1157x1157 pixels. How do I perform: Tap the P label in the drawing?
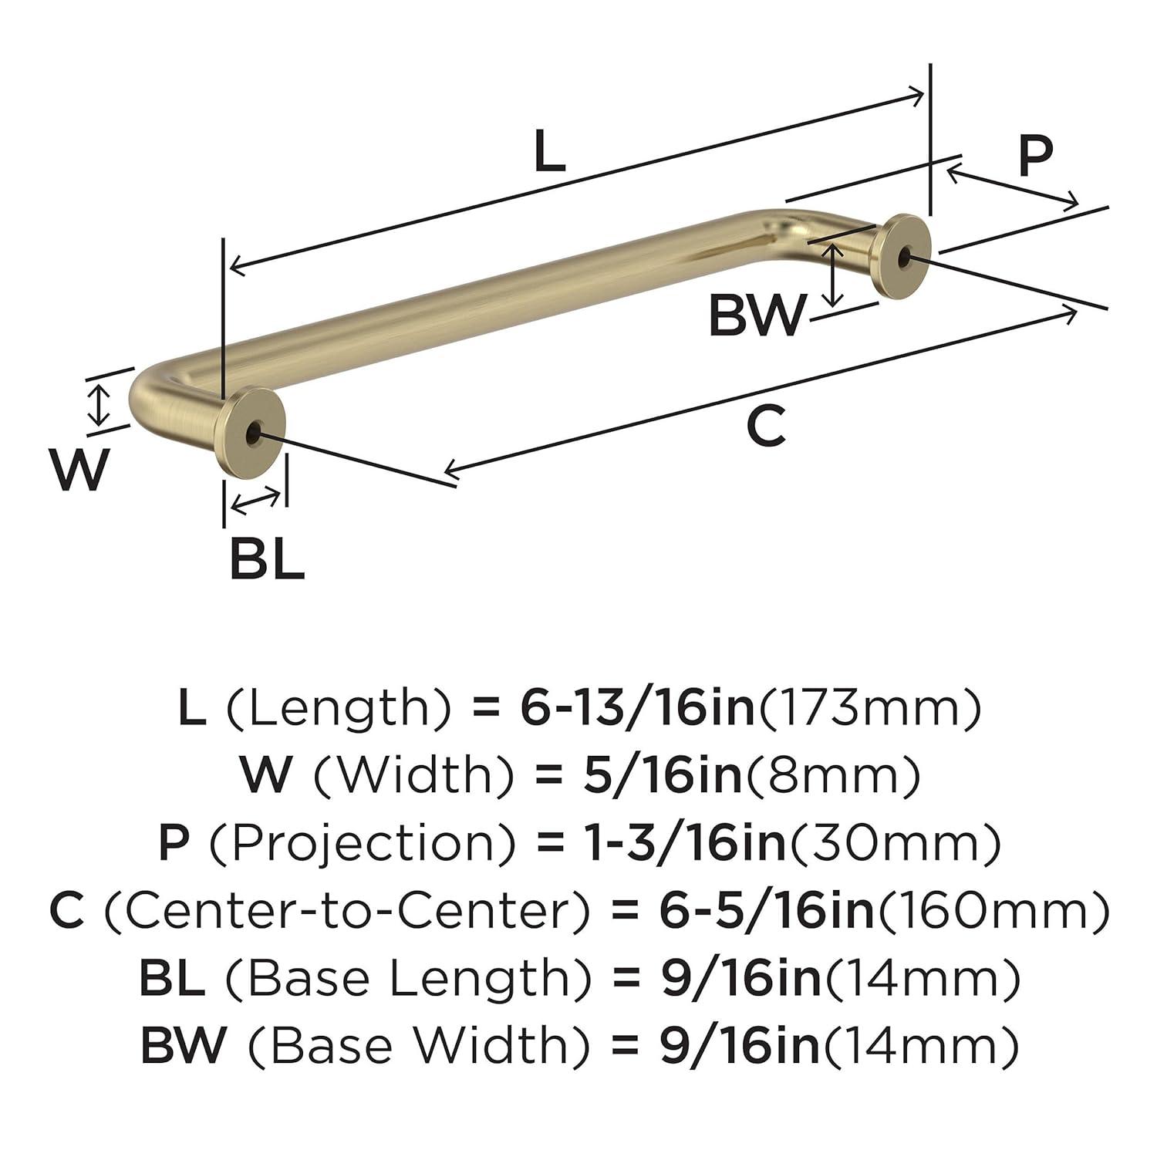click(1035, 156)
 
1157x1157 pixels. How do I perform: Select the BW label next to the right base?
click(757, 316)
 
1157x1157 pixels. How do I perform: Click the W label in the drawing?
click(80, 469)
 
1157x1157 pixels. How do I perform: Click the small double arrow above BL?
click(255, 501)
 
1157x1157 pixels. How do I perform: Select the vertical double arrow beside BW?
click(831, 275)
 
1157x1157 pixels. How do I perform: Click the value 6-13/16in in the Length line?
click(637, 707)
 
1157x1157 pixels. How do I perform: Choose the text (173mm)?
click(871, 707)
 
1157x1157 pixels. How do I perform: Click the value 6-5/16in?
click(767, 910)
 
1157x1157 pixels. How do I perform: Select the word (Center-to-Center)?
click(347, 910)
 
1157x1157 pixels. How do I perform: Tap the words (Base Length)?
click(409, 977)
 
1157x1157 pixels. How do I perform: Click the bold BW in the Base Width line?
click(184, 1045)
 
